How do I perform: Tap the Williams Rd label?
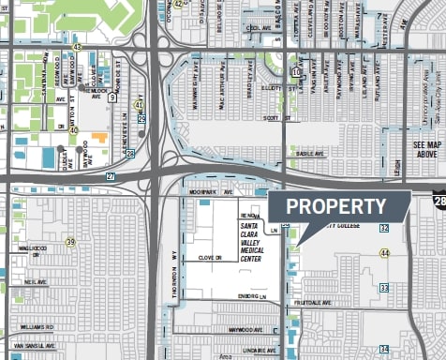click(x=37, y=326)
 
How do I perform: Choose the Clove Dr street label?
click(x=210, y=257)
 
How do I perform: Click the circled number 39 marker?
click(x=70, y=242)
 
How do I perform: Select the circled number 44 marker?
click(x=384, y=253)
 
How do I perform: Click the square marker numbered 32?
click(x=384, y=228)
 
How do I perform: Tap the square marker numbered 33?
click(x=384, y=287)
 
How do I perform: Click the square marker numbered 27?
click(x=111, y=175)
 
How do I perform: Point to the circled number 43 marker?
click(x=77, y=46)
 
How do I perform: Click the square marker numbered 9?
click(x=111, y=97)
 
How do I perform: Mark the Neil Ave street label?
click(x=36, y=281)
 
